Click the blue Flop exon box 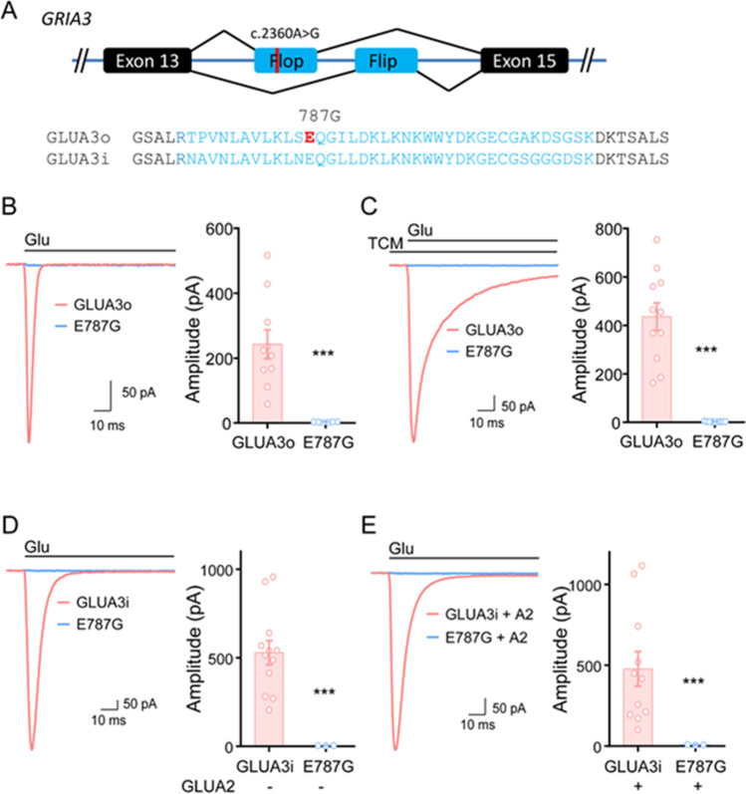click(285, 63)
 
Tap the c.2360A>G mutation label click(286, 34)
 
